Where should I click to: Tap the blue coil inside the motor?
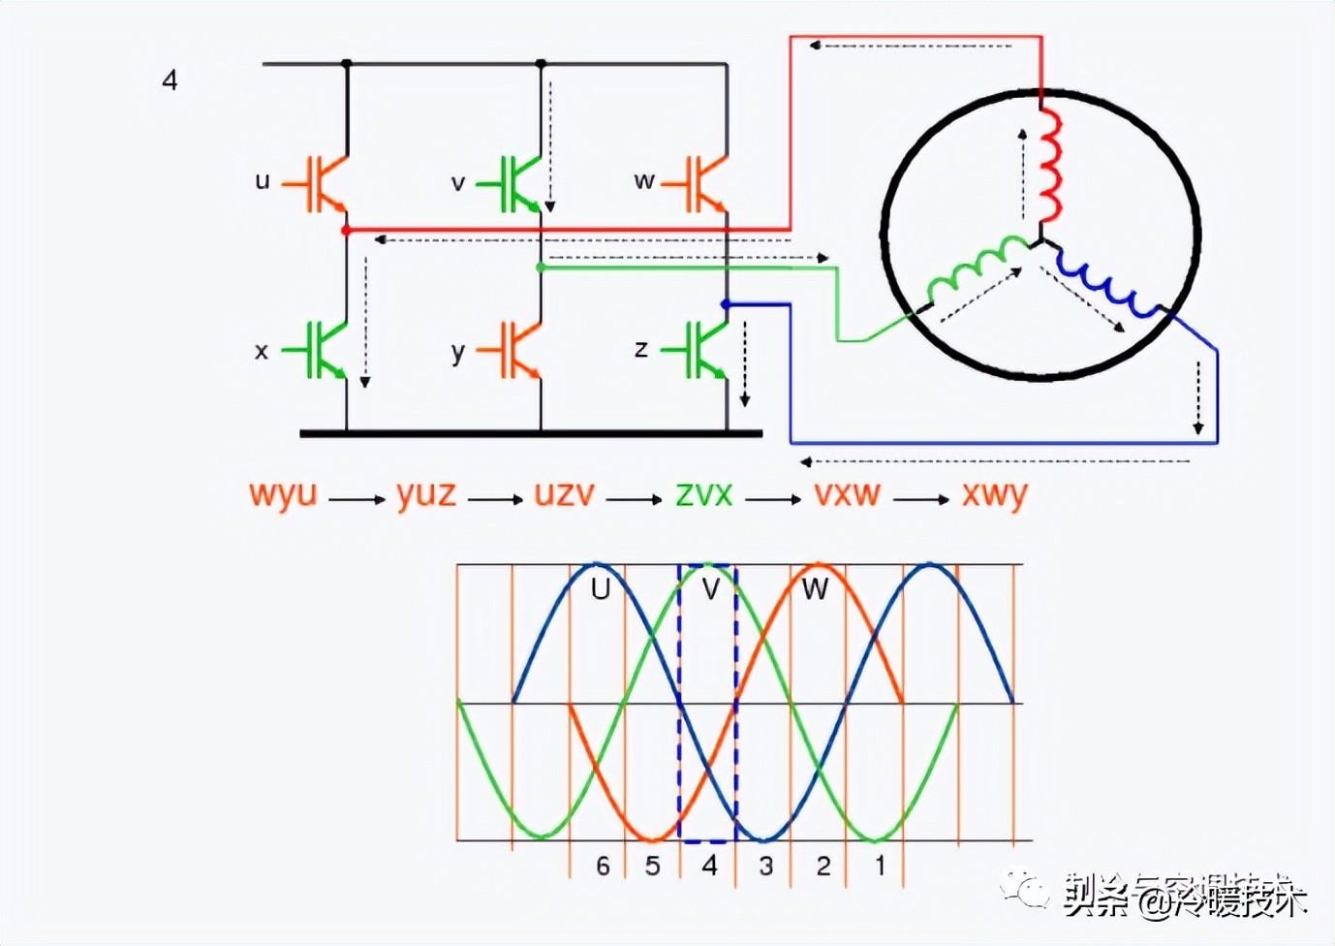click(x=1107, y=284)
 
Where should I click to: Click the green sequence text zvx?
click(x=704, y=494)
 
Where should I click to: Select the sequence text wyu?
click(x=283, y=494)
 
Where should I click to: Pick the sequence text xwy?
click(x=994, y=495)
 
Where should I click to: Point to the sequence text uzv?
click(x=564, y=494)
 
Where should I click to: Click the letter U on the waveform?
click(x=601, y=589)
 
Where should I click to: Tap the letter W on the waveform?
click(x=815, y=589)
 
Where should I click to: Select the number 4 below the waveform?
click(x=709, y=865)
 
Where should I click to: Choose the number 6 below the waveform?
click(x=603, y=866)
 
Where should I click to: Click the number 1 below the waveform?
click(x=880, y=865)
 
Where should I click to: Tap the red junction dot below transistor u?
click(x=346, y=231)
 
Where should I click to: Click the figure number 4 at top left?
click(x=170, y=79)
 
